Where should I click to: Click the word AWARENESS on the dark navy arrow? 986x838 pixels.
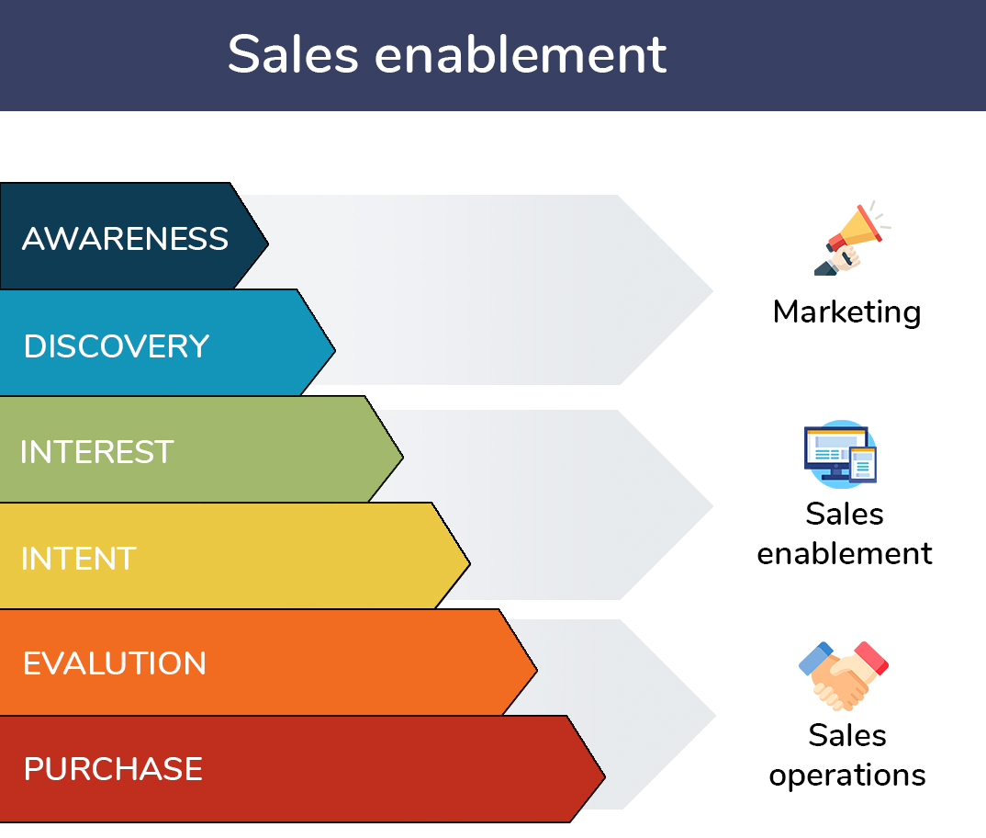(x=125, y=239)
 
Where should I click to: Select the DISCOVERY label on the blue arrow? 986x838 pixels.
(x=117, y=346)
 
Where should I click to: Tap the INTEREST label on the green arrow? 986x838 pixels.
(x=96, y=452)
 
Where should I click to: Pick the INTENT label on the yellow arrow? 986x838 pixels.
(x=78, y=559)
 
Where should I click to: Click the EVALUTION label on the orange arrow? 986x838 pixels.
(x=115, y=663)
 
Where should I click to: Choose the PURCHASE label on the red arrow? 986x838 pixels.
(x=113, y=769)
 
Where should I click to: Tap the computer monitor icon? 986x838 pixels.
(x=840, y=453)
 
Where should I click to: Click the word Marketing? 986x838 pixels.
(x=846, y=312)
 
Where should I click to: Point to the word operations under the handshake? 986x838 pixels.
(x=847, y=775)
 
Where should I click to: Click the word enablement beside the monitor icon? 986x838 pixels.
(x=845, y=554)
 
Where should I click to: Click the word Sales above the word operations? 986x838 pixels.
(x=846, y=735)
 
